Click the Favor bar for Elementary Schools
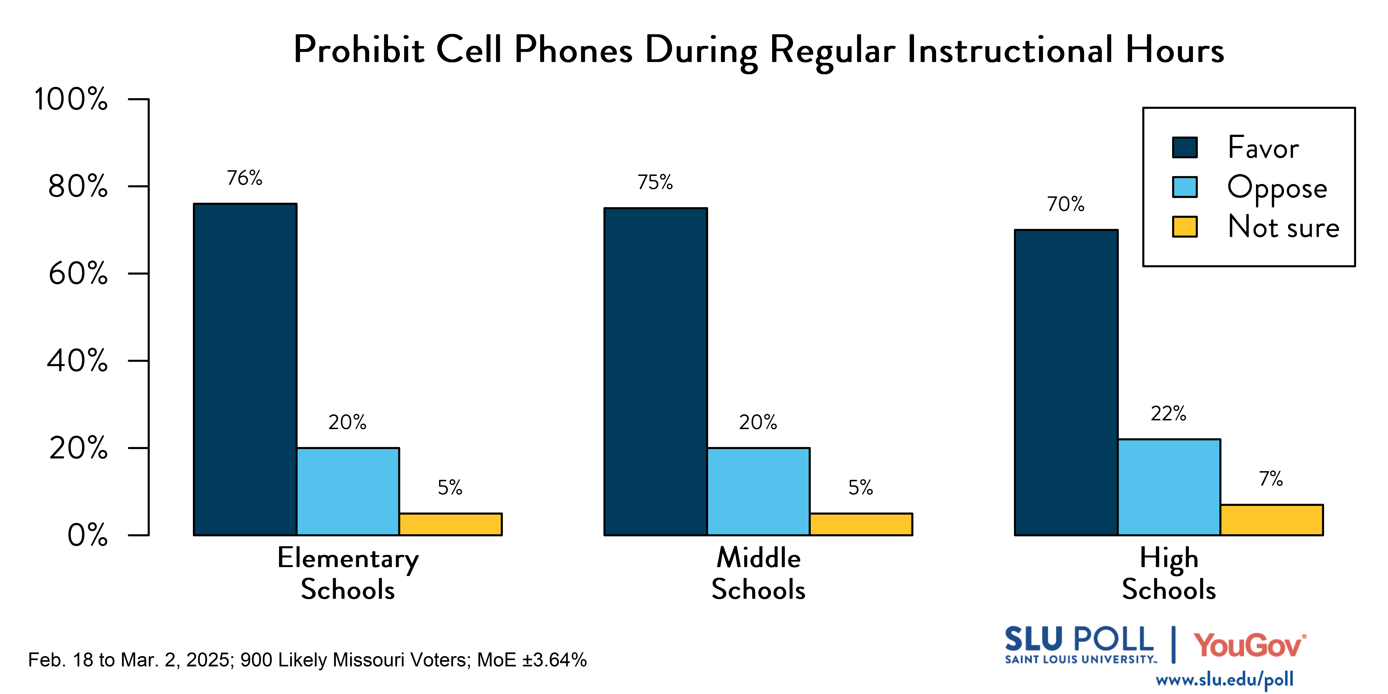245,369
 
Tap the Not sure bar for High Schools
1272,520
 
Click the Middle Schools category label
758,573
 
